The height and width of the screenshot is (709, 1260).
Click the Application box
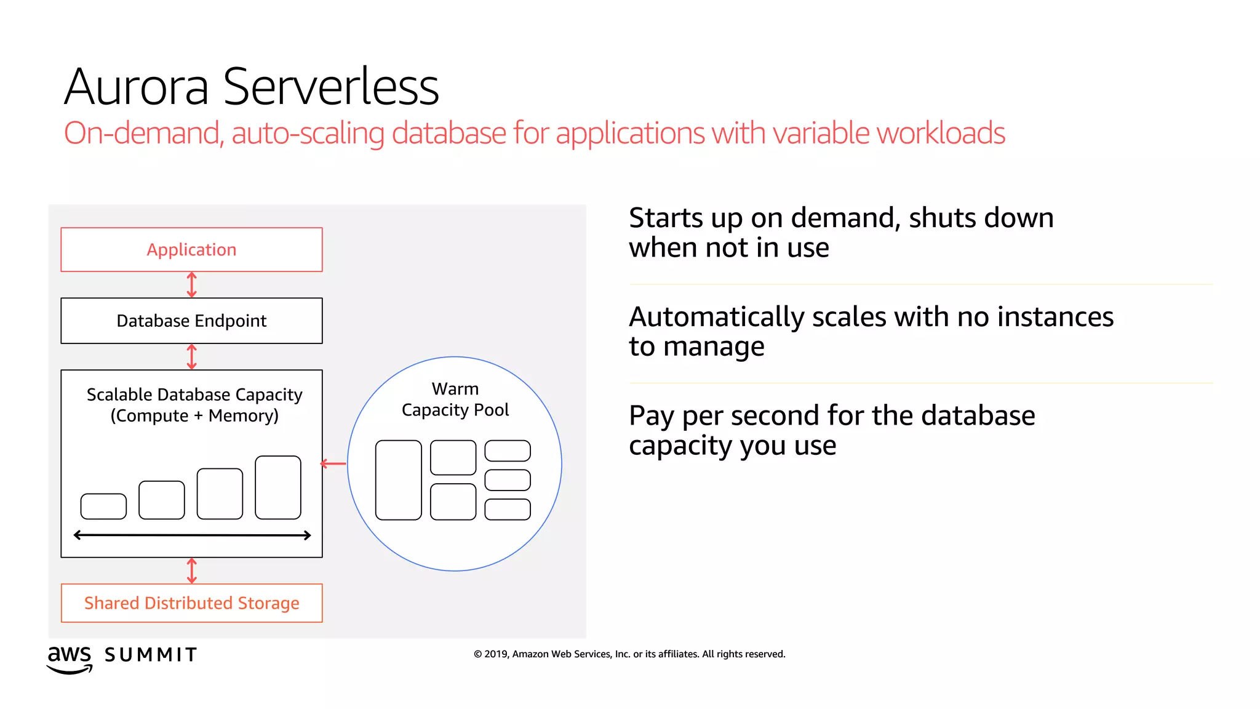coord(191,250)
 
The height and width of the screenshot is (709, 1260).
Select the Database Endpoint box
coord(191,321)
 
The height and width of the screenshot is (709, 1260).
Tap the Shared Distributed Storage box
coord(191,603)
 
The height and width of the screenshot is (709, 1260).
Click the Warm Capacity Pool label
coord(455,399)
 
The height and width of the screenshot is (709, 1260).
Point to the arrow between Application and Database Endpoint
coord(191,285)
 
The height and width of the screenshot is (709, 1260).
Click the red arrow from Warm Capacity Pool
coord(333,463)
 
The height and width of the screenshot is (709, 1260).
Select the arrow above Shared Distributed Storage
coord(191,571)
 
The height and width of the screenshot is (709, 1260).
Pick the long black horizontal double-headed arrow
coord(192,535)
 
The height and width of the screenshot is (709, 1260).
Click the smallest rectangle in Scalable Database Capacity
coord(103,506)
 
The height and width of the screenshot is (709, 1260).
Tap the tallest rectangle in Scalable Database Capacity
coord(278,487)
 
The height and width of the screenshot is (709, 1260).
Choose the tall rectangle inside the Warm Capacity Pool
coord(398,480)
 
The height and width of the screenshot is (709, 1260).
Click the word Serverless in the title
coord(331,87)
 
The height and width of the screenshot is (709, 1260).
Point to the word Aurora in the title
coord(137,87)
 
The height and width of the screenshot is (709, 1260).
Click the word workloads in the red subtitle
coord(941,134)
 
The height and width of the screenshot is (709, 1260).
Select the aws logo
coord(70,659)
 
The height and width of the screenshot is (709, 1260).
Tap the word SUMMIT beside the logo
coord(151,655)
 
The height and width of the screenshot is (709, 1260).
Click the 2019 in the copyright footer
coord(496,654)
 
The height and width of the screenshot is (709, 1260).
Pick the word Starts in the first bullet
coord(666,218)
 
